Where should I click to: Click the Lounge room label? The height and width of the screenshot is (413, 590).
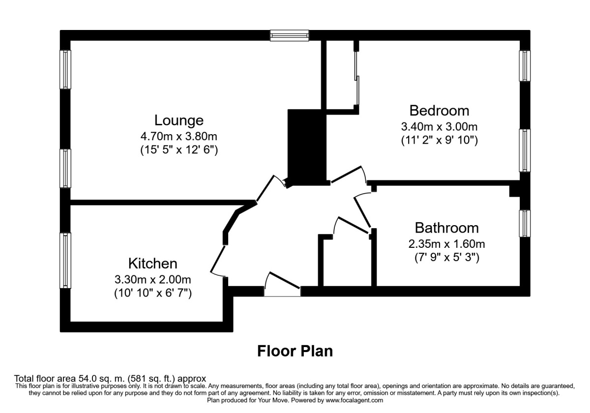(178, 120)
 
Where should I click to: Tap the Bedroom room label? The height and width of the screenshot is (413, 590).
(439, 110)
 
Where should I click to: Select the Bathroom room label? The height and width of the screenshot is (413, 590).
(446, 228)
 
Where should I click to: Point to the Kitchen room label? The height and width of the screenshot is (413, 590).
(152, 263)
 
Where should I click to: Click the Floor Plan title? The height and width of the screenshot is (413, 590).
(295, 351)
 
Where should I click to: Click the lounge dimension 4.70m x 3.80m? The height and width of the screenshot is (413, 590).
(178, 136)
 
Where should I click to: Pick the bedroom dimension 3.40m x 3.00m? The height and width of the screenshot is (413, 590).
(439, 126)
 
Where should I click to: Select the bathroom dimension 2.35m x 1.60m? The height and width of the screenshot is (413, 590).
(446, 244)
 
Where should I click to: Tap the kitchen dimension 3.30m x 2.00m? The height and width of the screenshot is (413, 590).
(152, 279)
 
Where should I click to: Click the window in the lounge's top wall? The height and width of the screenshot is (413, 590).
(289, 35)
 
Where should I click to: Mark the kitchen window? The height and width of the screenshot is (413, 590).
(65, 261)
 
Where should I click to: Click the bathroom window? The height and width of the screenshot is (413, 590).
(525, 223)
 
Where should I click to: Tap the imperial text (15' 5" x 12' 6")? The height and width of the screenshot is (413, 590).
(178, 150)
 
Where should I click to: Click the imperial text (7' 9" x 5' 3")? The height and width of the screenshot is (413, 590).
(446, 257)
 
